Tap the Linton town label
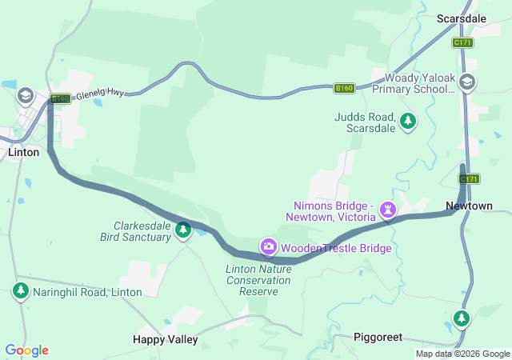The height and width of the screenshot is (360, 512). (x=23, y=152)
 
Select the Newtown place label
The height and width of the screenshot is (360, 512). (x=469, y=206)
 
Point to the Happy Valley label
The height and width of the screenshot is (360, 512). (x=165, y=339)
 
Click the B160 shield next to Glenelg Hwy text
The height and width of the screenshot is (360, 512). (x=60, y=99)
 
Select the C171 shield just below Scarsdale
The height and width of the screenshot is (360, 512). (x=462, y=42)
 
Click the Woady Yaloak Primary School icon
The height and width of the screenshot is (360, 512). (x=467, y=81)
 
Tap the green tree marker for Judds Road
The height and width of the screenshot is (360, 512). (x=408, y=122)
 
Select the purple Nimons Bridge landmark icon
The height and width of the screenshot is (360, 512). (x=388, y=210)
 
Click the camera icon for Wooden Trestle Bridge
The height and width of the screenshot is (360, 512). (x=268, y=247)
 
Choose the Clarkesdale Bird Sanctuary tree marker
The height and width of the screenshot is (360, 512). (x=183, y=230)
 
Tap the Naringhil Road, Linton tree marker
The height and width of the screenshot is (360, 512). (x=20, y=291)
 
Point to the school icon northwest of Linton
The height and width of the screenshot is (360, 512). (x=25, y=96)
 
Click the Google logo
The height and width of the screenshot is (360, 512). (x=26, y=350)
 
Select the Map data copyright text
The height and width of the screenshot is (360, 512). (x=462, y=354)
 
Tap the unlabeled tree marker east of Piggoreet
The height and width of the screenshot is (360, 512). (x=461, y=319)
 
